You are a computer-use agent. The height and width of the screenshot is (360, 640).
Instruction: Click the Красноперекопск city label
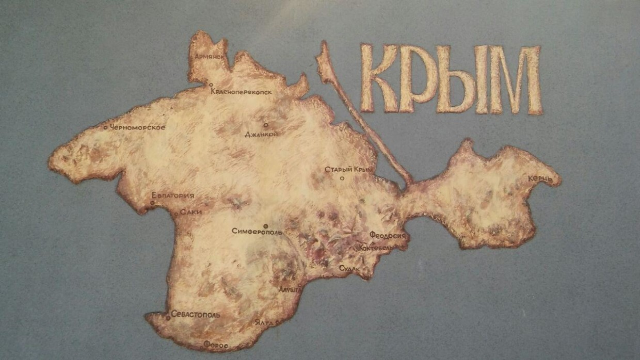pos(242,92)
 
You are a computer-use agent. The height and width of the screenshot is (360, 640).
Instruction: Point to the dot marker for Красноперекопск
pos(211,85)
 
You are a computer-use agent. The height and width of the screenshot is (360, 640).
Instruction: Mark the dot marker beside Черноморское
pos(106,127)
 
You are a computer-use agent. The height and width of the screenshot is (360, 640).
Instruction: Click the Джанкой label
pos(262,135)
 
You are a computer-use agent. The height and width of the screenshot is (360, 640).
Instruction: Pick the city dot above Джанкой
pos(266,125)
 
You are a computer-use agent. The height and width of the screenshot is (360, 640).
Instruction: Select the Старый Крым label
pos(348,170)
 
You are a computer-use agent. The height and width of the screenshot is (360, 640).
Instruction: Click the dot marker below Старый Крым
pos(342,178)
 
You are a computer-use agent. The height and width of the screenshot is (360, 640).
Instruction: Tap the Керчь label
pos(540,179)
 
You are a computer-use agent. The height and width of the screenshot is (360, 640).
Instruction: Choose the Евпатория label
pos(173,195)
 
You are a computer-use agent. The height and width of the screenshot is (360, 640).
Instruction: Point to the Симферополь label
pos(257,232)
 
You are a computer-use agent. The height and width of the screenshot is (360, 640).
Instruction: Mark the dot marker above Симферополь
pos(265,226)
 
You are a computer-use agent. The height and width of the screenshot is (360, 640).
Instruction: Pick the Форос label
pos(216,344)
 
